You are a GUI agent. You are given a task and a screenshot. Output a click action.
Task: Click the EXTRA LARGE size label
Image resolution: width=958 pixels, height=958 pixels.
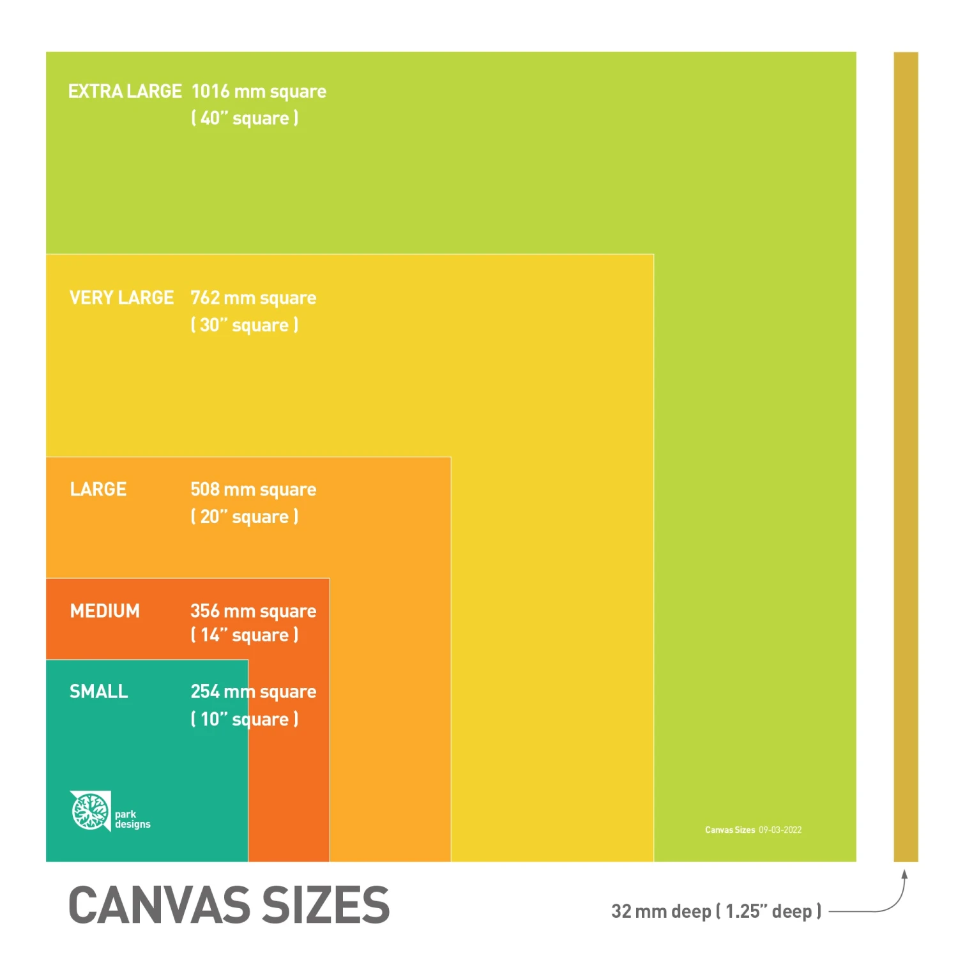125,91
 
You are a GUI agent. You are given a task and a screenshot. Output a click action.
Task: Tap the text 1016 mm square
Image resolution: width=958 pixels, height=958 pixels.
259,92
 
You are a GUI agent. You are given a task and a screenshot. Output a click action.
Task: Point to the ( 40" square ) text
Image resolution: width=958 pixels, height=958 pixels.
245,118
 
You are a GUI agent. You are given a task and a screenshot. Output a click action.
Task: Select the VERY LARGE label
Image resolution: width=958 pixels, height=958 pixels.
121,298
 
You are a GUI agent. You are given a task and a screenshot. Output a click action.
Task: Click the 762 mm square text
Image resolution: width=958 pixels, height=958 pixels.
254,298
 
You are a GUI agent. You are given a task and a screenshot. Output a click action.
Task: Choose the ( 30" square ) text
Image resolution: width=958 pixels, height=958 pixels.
245,325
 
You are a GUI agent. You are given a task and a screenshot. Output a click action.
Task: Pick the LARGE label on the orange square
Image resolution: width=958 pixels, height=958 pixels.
98,489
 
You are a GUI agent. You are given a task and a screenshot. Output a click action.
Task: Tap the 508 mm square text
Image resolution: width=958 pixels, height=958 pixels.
254,490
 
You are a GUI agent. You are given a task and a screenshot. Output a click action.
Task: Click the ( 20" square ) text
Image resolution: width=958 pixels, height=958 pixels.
245,517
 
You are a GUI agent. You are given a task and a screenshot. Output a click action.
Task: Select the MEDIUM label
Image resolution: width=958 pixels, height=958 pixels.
105,611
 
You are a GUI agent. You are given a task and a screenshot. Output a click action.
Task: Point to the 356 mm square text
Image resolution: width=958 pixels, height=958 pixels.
254,611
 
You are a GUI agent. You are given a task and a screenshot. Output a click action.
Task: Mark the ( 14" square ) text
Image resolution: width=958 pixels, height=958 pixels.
245,635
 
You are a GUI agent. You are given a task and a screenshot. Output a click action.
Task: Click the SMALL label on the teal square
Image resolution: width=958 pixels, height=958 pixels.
99,692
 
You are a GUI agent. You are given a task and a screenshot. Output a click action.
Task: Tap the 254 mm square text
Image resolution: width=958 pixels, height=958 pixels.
254,692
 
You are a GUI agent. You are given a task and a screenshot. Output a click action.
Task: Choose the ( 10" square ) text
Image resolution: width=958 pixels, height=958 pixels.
245,719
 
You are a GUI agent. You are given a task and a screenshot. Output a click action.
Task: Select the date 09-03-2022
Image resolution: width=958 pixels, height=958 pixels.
780,830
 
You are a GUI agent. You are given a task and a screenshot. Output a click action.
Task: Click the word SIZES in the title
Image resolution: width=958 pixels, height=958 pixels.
326,905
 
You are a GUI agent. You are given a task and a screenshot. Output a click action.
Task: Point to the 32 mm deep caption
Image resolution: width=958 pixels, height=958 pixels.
715,911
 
